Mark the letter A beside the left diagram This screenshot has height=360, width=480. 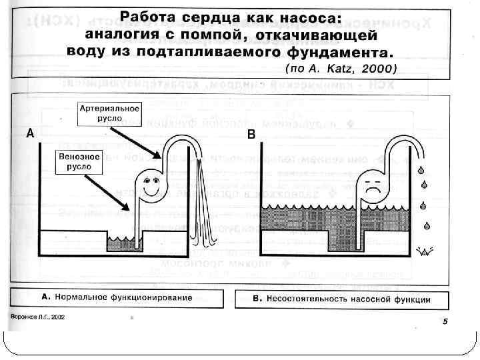tap(30, 134)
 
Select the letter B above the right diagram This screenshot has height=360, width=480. tap(251, 135)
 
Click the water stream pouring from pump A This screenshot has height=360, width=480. tap(200, 207)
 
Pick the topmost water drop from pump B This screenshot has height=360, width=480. tap(421, 171)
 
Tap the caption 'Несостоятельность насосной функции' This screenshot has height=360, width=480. tap(348, 298)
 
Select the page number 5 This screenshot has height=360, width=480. tap(445, 322)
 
